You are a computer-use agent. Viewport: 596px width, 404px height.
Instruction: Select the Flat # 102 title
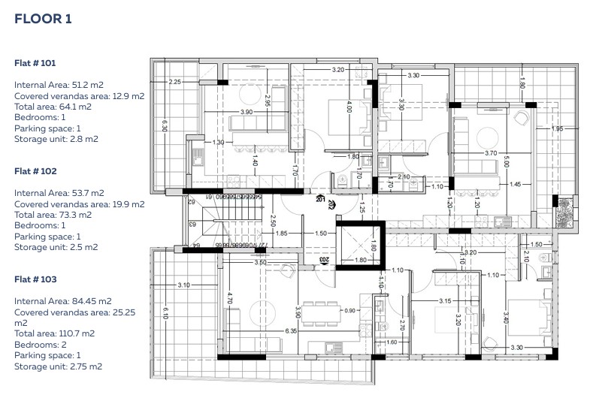tap(35, 171)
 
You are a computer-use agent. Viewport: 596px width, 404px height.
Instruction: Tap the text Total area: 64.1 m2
tap(53, 107)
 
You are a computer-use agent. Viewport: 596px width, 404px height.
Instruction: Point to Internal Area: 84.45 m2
tap(62, 300)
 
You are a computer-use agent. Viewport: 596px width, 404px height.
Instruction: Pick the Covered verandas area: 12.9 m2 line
tap(79, 96)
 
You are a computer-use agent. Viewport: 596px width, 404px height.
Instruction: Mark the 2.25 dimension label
tap(174, 81)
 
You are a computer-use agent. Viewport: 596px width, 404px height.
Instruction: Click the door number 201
tap(320, 200)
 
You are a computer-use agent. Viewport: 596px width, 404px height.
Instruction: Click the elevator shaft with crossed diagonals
tap(359, 244)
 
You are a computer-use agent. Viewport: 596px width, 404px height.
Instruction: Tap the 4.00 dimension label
tap(349, 108)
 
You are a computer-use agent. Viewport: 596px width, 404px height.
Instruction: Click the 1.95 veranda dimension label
tap(557, 129)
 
